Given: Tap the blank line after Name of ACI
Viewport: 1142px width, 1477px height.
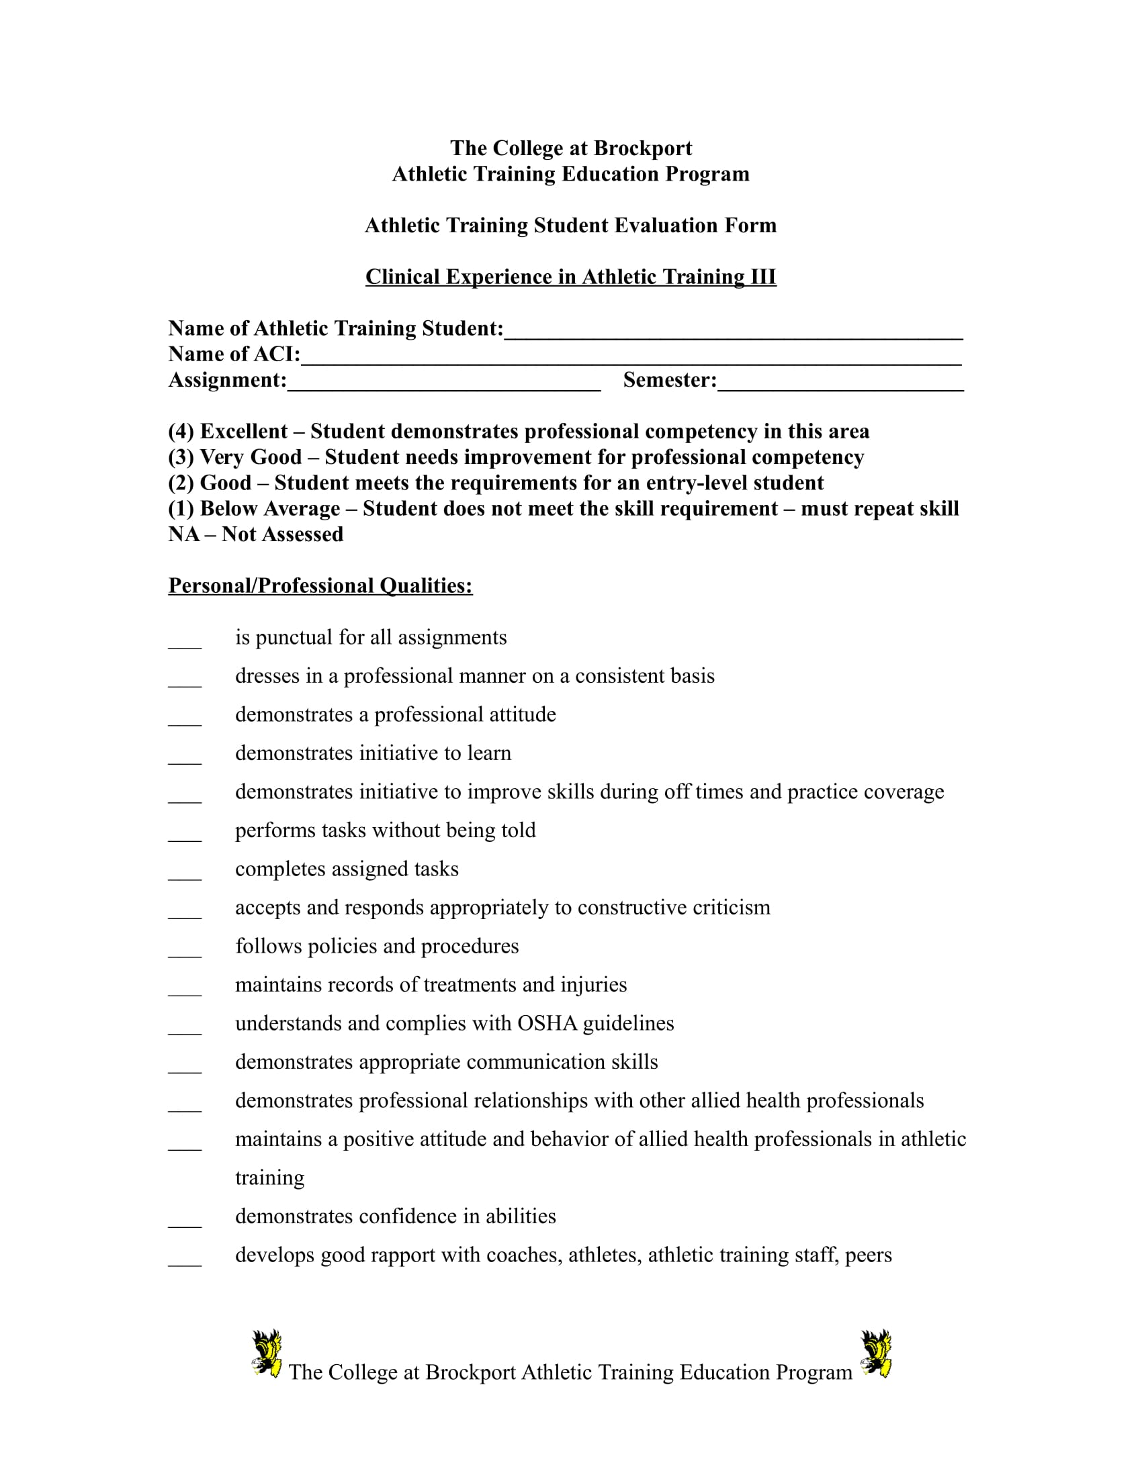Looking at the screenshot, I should pos(631,356).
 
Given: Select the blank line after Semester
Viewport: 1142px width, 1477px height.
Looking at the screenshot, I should pos(840,382).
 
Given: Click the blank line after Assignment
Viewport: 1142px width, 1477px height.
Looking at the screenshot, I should pos(444,382).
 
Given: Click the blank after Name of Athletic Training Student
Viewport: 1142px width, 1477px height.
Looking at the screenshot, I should pos(734,331).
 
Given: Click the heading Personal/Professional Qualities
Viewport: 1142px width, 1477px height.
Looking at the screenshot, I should pos(320,585).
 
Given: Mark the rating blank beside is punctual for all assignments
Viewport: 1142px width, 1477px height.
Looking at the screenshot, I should pos(185,642).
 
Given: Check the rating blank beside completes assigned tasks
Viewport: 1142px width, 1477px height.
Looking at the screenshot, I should pos(185,873).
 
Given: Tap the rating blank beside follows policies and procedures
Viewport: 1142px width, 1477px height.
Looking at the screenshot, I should pos(185,950).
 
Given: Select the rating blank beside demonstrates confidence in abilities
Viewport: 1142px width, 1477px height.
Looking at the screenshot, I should pos(185,1221).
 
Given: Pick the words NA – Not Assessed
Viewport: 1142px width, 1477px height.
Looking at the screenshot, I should pos(256,534).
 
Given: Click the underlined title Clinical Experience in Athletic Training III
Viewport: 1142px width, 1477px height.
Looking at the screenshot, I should pos(570,277).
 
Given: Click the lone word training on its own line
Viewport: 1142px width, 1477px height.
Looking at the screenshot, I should pos(269,1178).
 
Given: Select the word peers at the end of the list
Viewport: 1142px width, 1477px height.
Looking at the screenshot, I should pos(868,1255).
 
